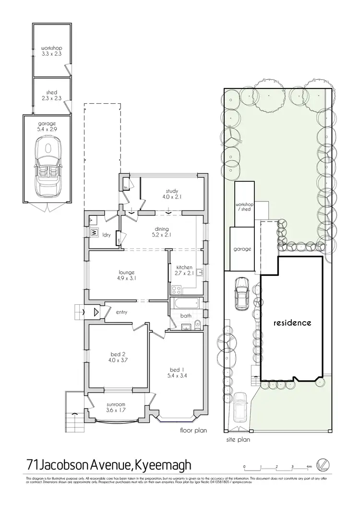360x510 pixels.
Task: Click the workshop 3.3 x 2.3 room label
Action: [51, 51]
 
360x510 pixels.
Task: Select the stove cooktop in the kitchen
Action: [176, 290]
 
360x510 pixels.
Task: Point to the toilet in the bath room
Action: [196, 327]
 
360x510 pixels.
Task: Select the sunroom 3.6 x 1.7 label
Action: [116, 408]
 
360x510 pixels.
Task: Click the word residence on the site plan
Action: [292, 323]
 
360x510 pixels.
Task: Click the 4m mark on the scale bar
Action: [309, 467]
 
